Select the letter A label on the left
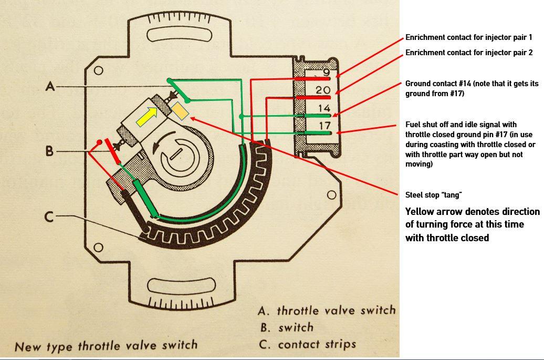50,86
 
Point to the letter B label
49,151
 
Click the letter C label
49,216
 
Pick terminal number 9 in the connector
326,72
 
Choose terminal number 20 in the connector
323,90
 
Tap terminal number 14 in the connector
323,108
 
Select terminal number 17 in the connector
324,126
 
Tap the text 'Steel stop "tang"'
433,195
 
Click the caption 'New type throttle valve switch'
106,346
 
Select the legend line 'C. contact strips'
308,344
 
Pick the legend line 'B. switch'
287,327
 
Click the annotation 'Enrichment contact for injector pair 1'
469,38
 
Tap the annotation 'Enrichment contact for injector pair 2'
469,53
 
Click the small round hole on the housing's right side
331,195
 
